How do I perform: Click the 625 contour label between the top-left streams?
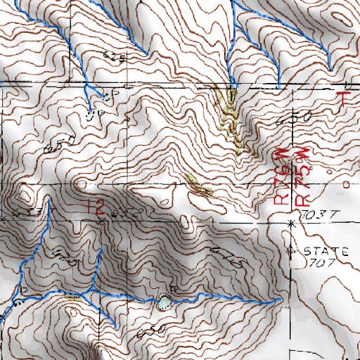click(x=115, y=56)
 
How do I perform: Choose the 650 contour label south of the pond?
click(x=155, y=330)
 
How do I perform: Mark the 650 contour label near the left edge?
click(x=59, y=146)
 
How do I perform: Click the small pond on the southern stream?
click(x=164, y=302)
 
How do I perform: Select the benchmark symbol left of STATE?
click(x=292, y=250)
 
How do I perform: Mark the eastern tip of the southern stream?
click(x=278, y=299)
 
